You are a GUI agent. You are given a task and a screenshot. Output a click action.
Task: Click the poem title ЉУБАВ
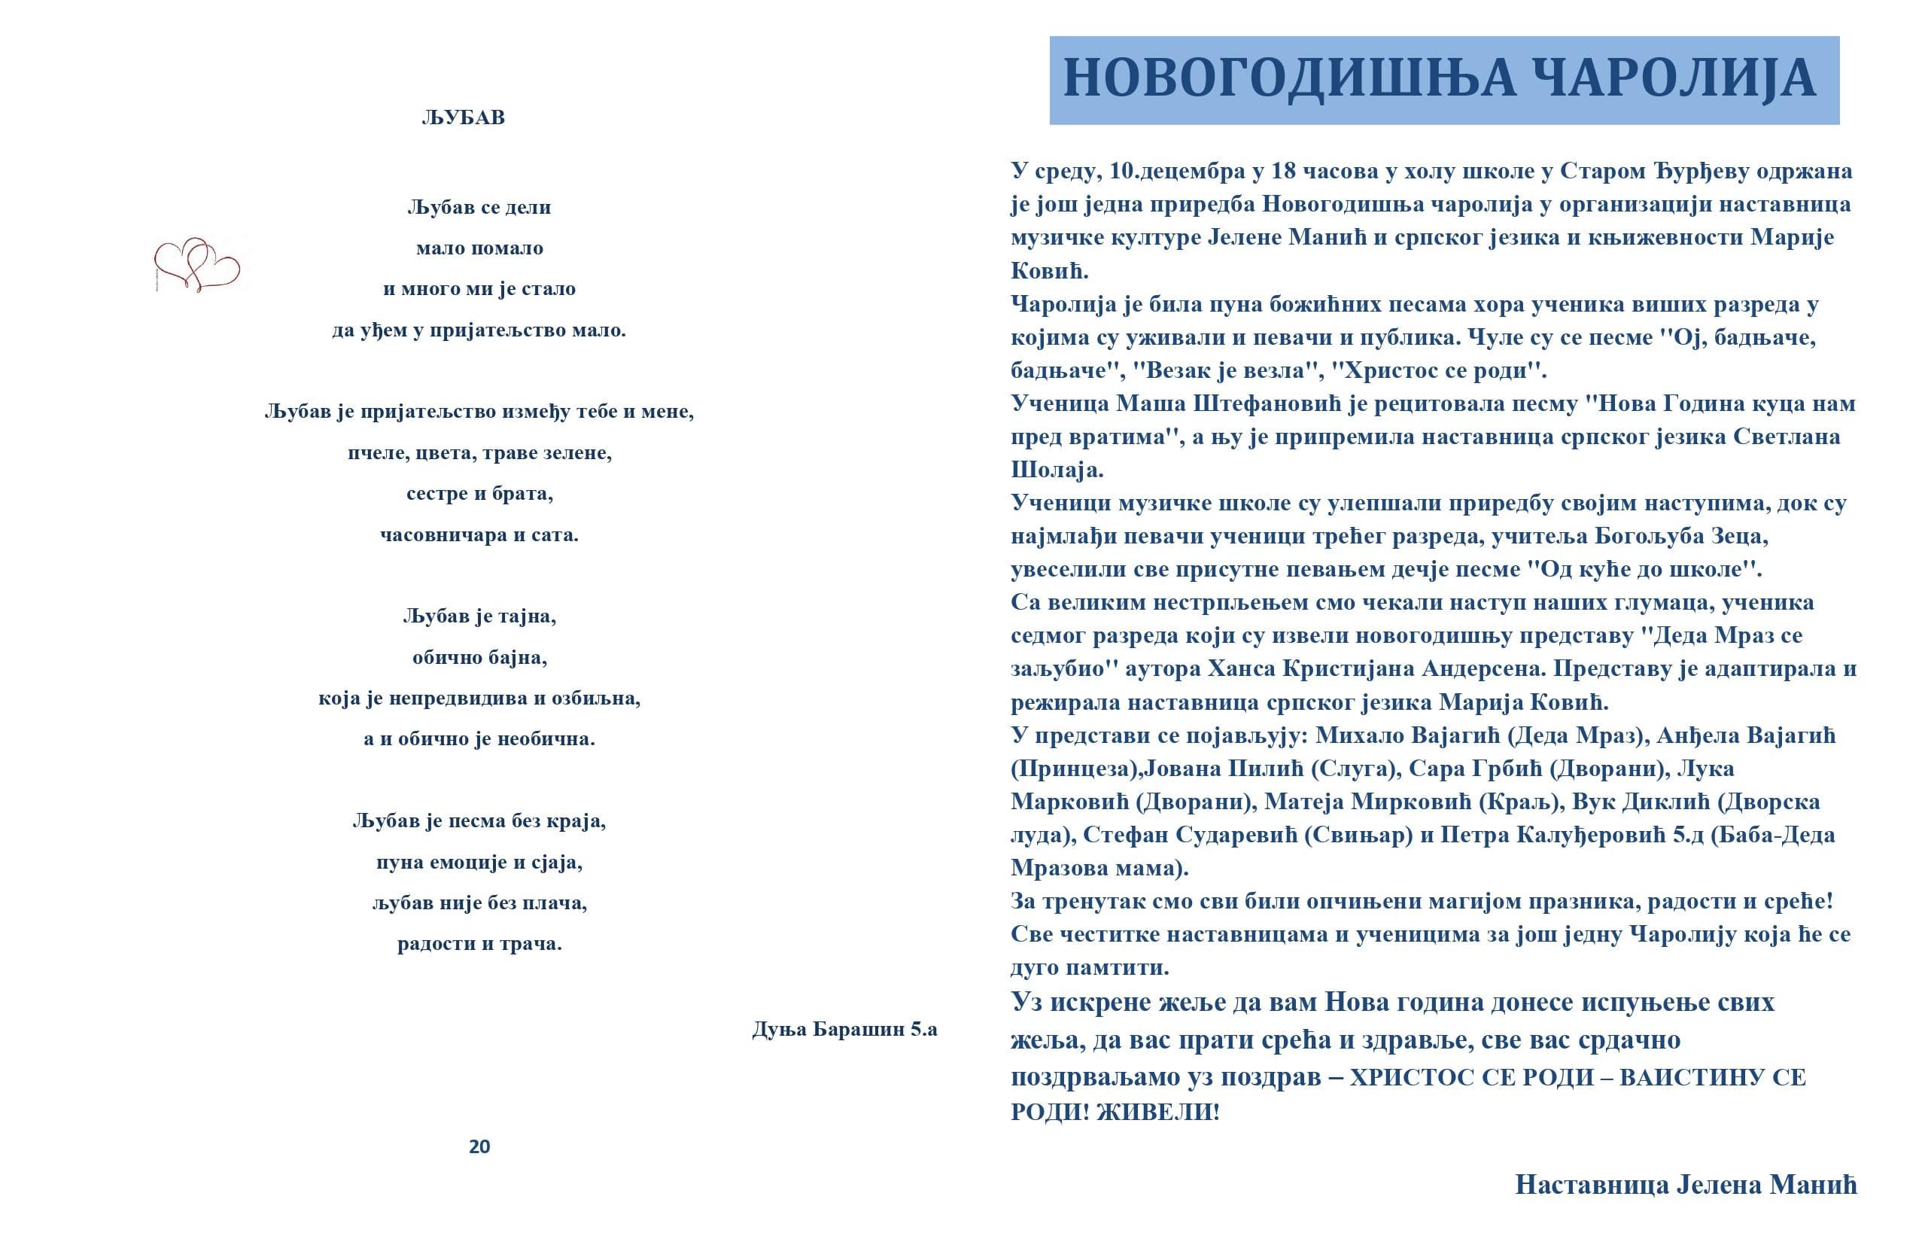[x=463, y=117]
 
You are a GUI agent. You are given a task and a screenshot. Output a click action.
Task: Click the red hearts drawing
[x=196, y=263]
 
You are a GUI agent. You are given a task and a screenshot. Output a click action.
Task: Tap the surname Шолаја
[x=1057, y=470]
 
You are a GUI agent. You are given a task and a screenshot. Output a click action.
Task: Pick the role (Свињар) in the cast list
[x=1358, y=835]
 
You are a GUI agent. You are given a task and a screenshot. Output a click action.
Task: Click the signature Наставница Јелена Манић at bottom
[x=1685, y=1185]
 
